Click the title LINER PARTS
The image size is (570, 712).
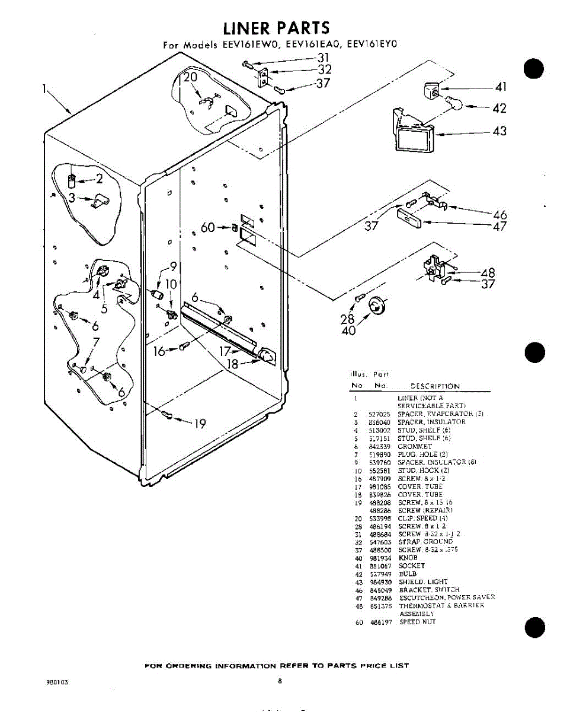click(x=276, y=28)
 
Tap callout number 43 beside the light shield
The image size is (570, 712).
click(x=499, y=131)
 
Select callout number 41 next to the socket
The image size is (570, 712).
click(x=501, y=88)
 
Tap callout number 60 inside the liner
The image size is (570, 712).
click(x=207, y=227)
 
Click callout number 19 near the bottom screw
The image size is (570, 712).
click(x=199, y=424)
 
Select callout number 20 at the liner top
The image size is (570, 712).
click(x=190, y=78)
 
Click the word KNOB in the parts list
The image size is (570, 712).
click(x=408, y=558)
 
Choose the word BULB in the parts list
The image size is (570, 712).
click(x=408, y=574)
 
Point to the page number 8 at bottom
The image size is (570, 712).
click(x=279, y=681)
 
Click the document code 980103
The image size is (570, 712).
click(x=57, y=682)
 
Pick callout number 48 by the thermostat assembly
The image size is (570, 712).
click(x=488, y=273)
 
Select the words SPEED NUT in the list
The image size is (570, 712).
click(x=418, y=622)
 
